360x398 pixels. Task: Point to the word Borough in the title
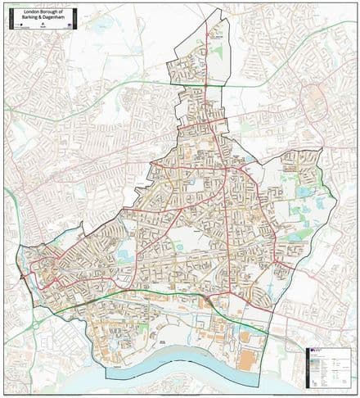click(48, 11)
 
